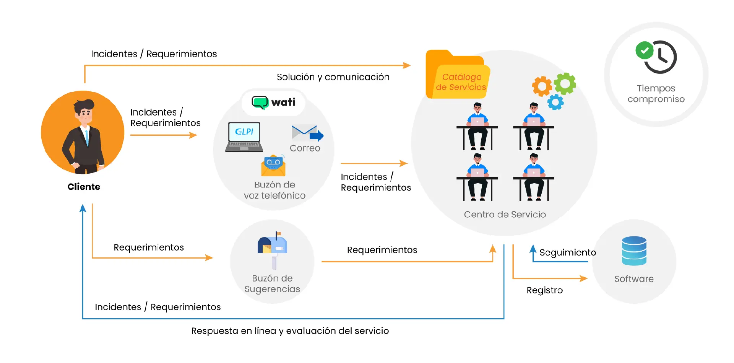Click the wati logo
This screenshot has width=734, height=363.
tap(274, 103)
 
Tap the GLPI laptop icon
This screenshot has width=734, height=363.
tap(244, 137)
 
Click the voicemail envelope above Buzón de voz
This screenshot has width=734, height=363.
tap(273, 165)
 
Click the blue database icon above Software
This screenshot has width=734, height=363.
tap(634, 251)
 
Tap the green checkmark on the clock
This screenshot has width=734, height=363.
tap(645, 50)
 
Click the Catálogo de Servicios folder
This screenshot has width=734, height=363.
tap(458, 77)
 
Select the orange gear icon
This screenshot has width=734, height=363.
tap(542, 86)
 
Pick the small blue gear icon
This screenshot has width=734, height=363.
tap(555, 102)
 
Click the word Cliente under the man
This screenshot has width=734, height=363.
tap(84, 187)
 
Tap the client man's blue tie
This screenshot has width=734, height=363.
tap(87, 138)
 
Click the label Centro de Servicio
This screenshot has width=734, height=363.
tap(505, 215)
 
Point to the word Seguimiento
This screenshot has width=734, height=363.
tap(567, 252)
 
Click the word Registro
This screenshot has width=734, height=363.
tap(544, 290)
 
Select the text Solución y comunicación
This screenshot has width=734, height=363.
tap(333, 77)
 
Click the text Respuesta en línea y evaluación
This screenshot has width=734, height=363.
tap(290, 331)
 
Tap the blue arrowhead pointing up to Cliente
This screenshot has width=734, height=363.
tap(83, 208)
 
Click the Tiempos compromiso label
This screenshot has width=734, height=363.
tap(656, 94)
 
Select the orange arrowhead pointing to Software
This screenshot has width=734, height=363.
tap(583, 278)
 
